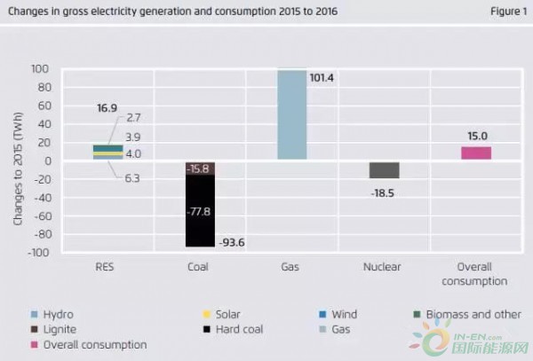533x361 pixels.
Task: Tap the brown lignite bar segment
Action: pyautogui.click(x=199, y=169)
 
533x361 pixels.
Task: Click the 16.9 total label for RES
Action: pyautogui.click(x=107, y=107)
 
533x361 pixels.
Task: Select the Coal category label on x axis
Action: pyautogui.click(x=199, y=266)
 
